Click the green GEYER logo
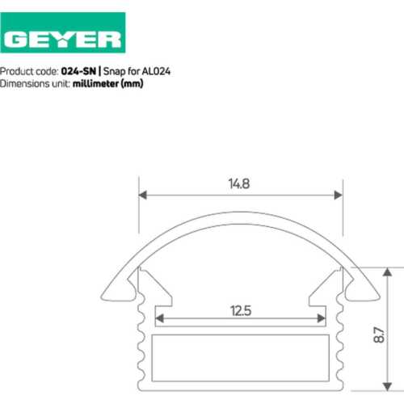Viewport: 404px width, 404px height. coord(63,32)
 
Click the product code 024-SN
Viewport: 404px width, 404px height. coord(78,71)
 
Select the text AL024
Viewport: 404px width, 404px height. coord(156,71)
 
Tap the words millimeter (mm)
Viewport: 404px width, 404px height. coord(107,84)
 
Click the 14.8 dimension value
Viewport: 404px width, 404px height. coord(239,184)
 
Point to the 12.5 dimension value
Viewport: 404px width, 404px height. coord(241,311)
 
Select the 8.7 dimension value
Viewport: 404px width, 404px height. coord(379,335)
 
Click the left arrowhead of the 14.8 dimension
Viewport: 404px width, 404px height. coord(143,195)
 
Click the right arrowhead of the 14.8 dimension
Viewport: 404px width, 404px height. coord(339,195)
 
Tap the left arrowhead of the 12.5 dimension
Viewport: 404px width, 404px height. coord(160,318)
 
